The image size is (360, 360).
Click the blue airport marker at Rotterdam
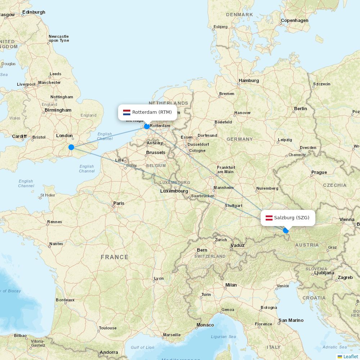(147, 126)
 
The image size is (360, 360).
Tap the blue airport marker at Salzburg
(286, 230)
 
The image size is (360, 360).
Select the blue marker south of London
(71, 147)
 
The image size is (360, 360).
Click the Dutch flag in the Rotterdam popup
(127, 112)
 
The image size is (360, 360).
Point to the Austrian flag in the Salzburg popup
(269, 218)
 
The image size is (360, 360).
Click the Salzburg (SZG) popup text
(292, 218)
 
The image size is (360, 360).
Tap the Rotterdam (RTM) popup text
(152, 112)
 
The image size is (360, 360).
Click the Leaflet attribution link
(350, 356)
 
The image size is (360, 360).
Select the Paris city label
(119, 203)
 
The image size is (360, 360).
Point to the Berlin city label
(300, 108)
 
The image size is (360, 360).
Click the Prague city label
(319, 172)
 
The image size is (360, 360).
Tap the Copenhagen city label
(294, 21)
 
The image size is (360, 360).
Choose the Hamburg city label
(249, 81)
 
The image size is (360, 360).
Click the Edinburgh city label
(34, 12)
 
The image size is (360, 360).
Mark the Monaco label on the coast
(205, 325)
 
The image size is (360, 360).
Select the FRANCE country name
(114, 257)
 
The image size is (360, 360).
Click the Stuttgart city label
(233, 206)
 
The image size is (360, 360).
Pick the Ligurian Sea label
(224, 337)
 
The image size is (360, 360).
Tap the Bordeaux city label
(65, 300)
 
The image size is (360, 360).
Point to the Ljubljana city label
(324, 273)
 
